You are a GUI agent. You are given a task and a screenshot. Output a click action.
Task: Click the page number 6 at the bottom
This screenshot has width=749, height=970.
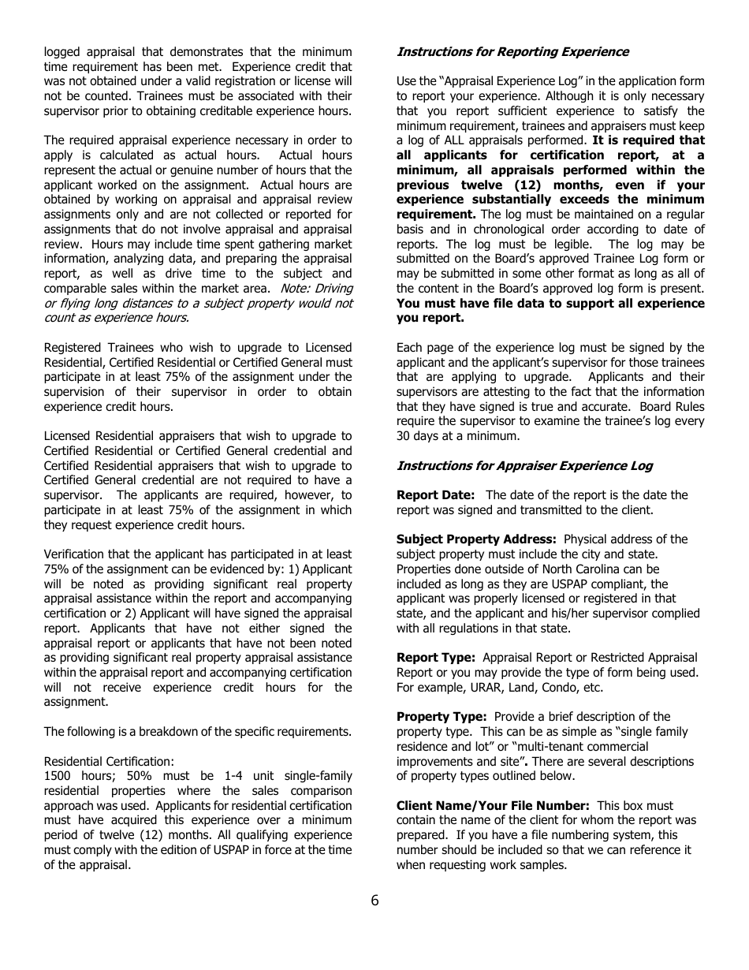374,901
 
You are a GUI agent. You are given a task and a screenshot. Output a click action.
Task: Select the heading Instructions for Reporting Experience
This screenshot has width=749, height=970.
512,52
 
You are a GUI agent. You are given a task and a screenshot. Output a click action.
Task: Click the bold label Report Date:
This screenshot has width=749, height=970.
435,495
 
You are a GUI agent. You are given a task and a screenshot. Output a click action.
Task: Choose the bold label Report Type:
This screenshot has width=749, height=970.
435,658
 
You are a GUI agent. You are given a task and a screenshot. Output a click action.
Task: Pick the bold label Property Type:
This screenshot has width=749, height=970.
442,717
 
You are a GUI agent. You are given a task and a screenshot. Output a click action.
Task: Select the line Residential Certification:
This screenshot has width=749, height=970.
109,762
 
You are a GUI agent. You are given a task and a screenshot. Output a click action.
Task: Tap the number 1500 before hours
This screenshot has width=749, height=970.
58,776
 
